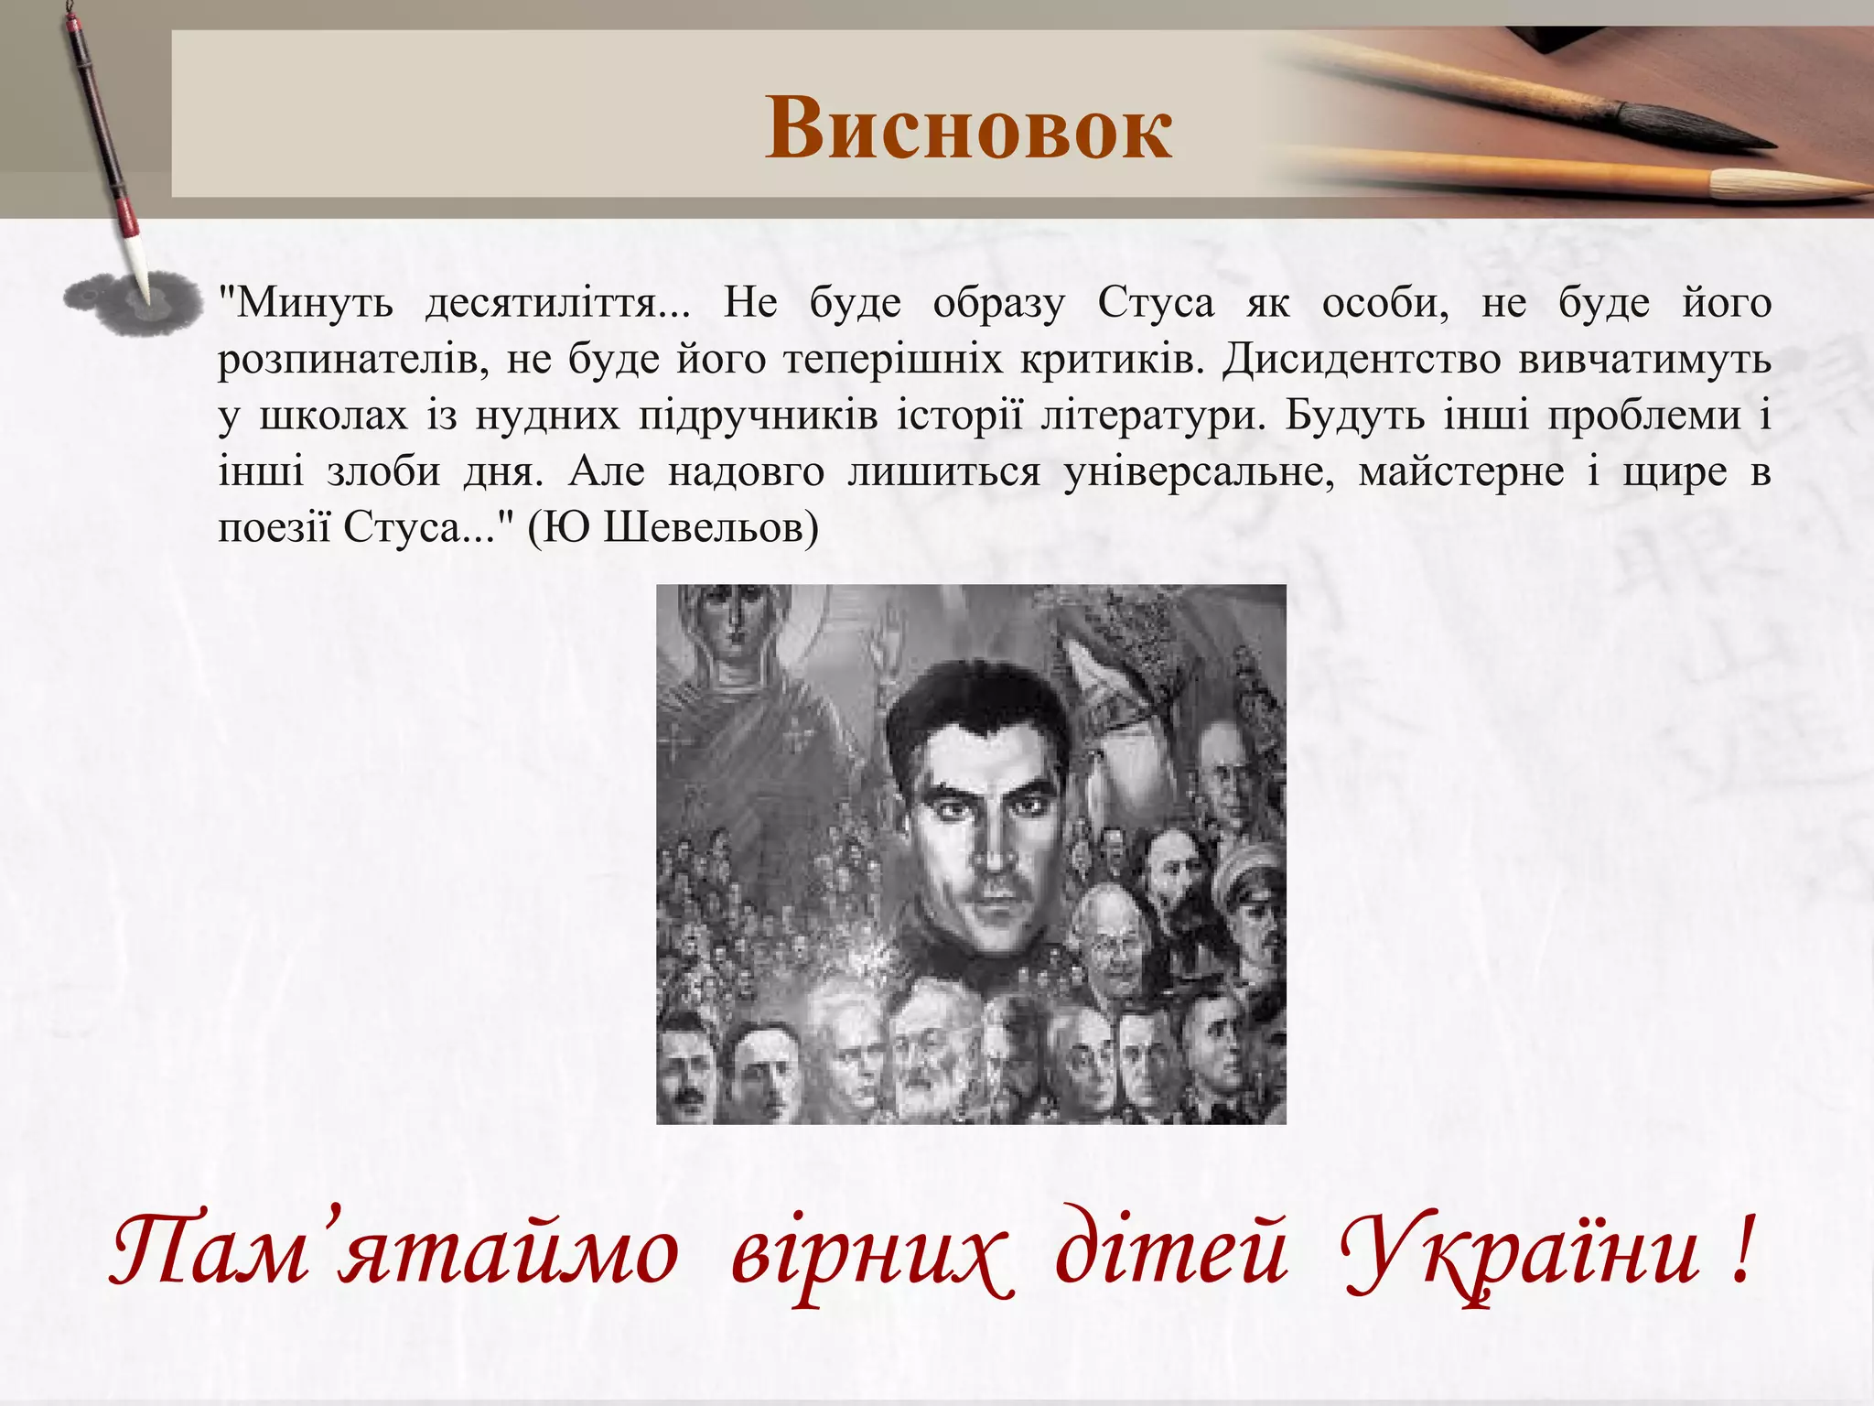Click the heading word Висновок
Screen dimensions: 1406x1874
pyautogui.click(x=968, y=128)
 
